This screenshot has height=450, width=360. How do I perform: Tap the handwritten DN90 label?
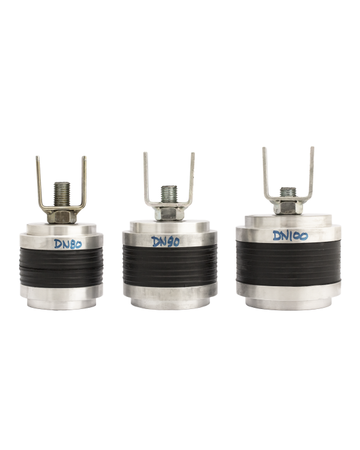(167, 242)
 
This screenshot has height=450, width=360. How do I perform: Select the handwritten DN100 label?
(290, 236)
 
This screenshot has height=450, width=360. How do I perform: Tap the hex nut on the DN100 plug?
(287, 206)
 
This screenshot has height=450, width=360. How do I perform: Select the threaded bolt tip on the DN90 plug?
(169, 193)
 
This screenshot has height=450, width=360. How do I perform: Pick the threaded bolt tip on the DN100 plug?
(287, 191)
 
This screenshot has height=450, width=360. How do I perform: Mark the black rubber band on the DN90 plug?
(169, 270)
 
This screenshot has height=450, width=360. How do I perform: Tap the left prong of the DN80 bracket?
(38, 180)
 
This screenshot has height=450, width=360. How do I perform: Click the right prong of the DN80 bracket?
(86, 180)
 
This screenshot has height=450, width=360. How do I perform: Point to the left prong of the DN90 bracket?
(145, 177)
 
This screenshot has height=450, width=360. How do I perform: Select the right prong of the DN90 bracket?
(192, 177)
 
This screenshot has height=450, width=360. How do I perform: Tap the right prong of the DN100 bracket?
(313, 171)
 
